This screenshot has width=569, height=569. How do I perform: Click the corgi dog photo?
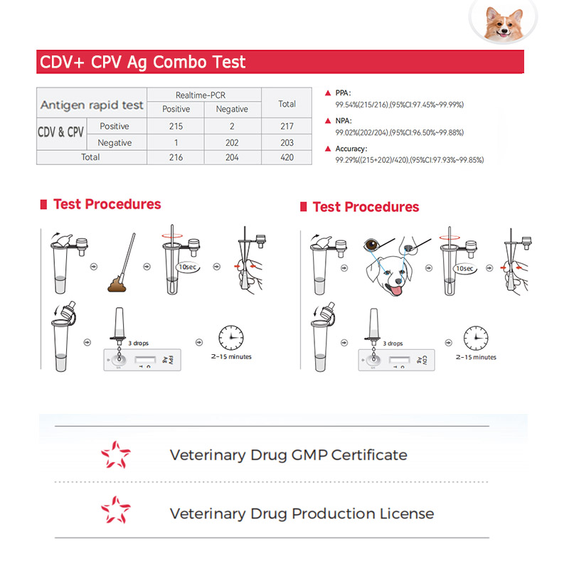click(504, 21)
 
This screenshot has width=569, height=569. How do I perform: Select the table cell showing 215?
click(176, 127)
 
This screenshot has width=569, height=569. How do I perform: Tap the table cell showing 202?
click(232, 143)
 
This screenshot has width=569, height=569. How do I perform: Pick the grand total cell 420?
click(287, 157)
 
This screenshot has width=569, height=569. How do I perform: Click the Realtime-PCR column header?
click(201, 95)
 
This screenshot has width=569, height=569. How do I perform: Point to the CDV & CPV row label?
click(61, 132)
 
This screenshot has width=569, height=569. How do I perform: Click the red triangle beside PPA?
click(328, 93)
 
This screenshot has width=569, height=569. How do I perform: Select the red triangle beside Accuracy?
click(328, 149)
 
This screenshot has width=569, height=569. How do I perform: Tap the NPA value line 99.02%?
click(399, 132)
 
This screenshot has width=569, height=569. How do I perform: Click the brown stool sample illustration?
click(117, 284)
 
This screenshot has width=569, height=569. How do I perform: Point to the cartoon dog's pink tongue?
click(395, 290)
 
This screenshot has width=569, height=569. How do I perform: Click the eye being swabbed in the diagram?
click(371, 245)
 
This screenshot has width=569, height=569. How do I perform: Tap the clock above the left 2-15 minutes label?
click(230, 337)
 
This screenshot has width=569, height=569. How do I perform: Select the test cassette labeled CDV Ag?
click(396, 360)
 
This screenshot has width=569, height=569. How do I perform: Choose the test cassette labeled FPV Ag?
click(142, 360)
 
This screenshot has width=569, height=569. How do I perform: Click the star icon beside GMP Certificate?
click(116, 454)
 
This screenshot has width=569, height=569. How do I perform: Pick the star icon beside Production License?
click(116, 510)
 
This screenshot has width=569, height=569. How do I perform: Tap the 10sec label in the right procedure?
click(464, 269)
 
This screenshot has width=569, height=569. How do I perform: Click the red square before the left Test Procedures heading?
click(43, 204)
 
